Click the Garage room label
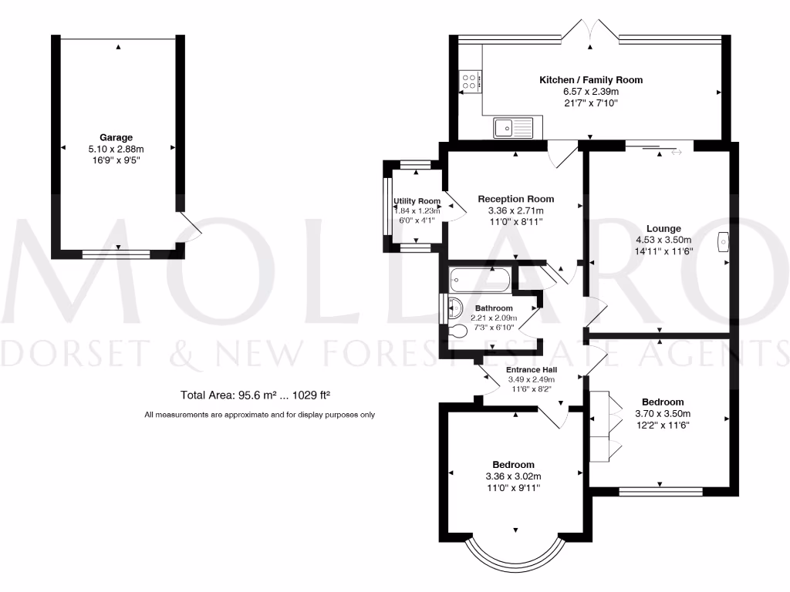pos(116,138)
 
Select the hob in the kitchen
pos(470,80)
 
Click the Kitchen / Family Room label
pos(590,80)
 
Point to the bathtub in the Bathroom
pos(479,277)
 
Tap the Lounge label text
pos(663,228)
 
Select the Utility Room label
pos(417,201)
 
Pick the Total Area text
pos(255,395)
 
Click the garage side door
pos(189,225)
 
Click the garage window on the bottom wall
pos(117,253)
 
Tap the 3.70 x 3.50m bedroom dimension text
pos(663,413)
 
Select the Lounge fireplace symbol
pos(724,242)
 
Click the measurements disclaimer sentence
pos(260,415)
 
